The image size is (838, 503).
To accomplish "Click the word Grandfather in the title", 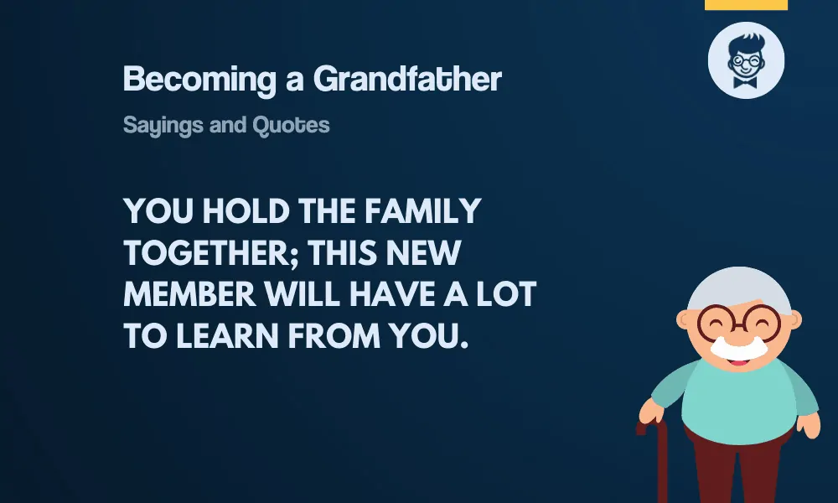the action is coord(407,79).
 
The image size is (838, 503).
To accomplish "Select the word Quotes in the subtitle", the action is coord(292,125).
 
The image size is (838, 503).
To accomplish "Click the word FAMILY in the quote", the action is coord(423,211).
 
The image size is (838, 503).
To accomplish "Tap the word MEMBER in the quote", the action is coord(189,294).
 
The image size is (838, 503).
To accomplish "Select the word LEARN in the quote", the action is coord(227,336).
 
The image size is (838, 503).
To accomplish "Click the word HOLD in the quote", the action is coord(246,211).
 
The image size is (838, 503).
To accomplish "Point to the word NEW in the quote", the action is coord(423,253).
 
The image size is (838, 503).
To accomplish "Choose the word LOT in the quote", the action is coord(506,294).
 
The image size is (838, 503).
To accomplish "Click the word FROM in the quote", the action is coord(334,336).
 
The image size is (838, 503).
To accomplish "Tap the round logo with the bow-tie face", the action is coord(746,60).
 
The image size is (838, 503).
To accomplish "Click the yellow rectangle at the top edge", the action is coord(746,5).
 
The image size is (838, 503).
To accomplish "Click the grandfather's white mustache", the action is coord(738,348).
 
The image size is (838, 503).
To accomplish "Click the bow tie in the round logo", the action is coord(746,82).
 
